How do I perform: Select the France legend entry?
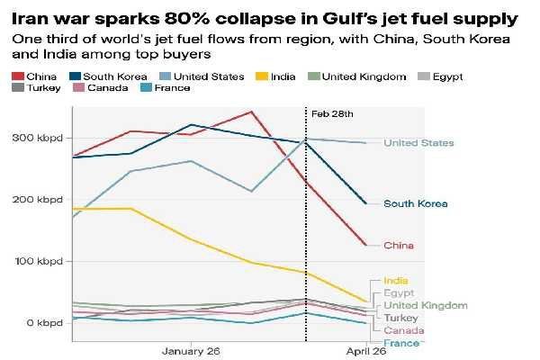pyautogui.click(x=166, y=87)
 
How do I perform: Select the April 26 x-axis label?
pyautogui.click(x=366, y=351)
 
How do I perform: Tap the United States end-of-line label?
pyautogui.click(x=418, y=143)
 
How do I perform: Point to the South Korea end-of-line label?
pyautogui.click(x=416, y=203)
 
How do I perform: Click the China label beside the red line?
pyautogui.click(x=399, y=245)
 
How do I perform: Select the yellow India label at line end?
pyautogui.click(x=395, y=281)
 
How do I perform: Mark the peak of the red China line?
pyautogui.click(x=250, y=112)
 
